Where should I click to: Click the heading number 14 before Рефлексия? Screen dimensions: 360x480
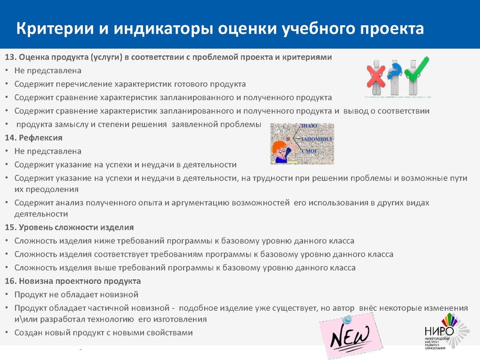tap(10, 138)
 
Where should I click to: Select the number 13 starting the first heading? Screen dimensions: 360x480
tap(10, 57)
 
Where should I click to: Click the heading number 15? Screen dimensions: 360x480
tap(10, 227)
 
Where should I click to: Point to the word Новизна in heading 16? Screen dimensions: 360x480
tap(35, 281)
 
